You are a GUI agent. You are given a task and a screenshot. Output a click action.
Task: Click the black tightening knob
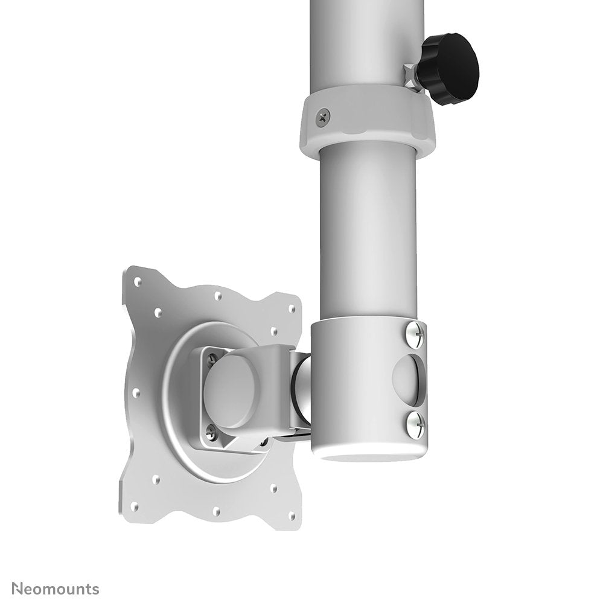pyautogui.click(x=451, y=68)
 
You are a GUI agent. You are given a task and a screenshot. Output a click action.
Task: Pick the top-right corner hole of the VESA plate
pyautogui.click(x=293, y=308)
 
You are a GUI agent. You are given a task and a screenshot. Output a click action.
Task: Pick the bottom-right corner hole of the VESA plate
pyautogui.click(x=292, y=515)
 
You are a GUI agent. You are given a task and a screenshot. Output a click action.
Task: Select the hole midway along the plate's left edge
pyautogui.click(x=135, y=392)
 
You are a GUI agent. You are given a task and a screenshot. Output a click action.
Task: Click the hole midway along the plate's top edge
pyautogui.click(x=218, y=296)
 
